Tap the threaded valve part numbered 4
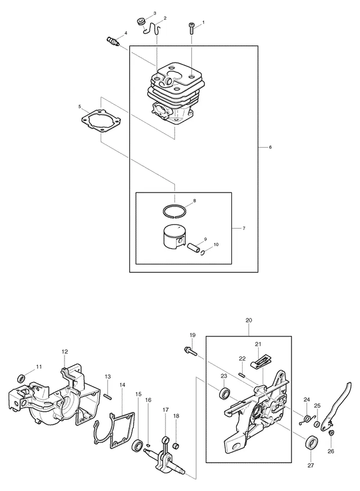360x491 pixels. pyautogui.click(x=111, y=41)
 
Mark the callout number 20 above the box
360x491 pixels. pyautogui.click(x=249, y=320)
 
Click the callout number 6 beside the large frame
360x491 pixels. pyautogui.click(x=270, y=147)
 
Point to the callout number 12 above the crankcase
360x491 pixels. pyautogui.click(x=64, y=352)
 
